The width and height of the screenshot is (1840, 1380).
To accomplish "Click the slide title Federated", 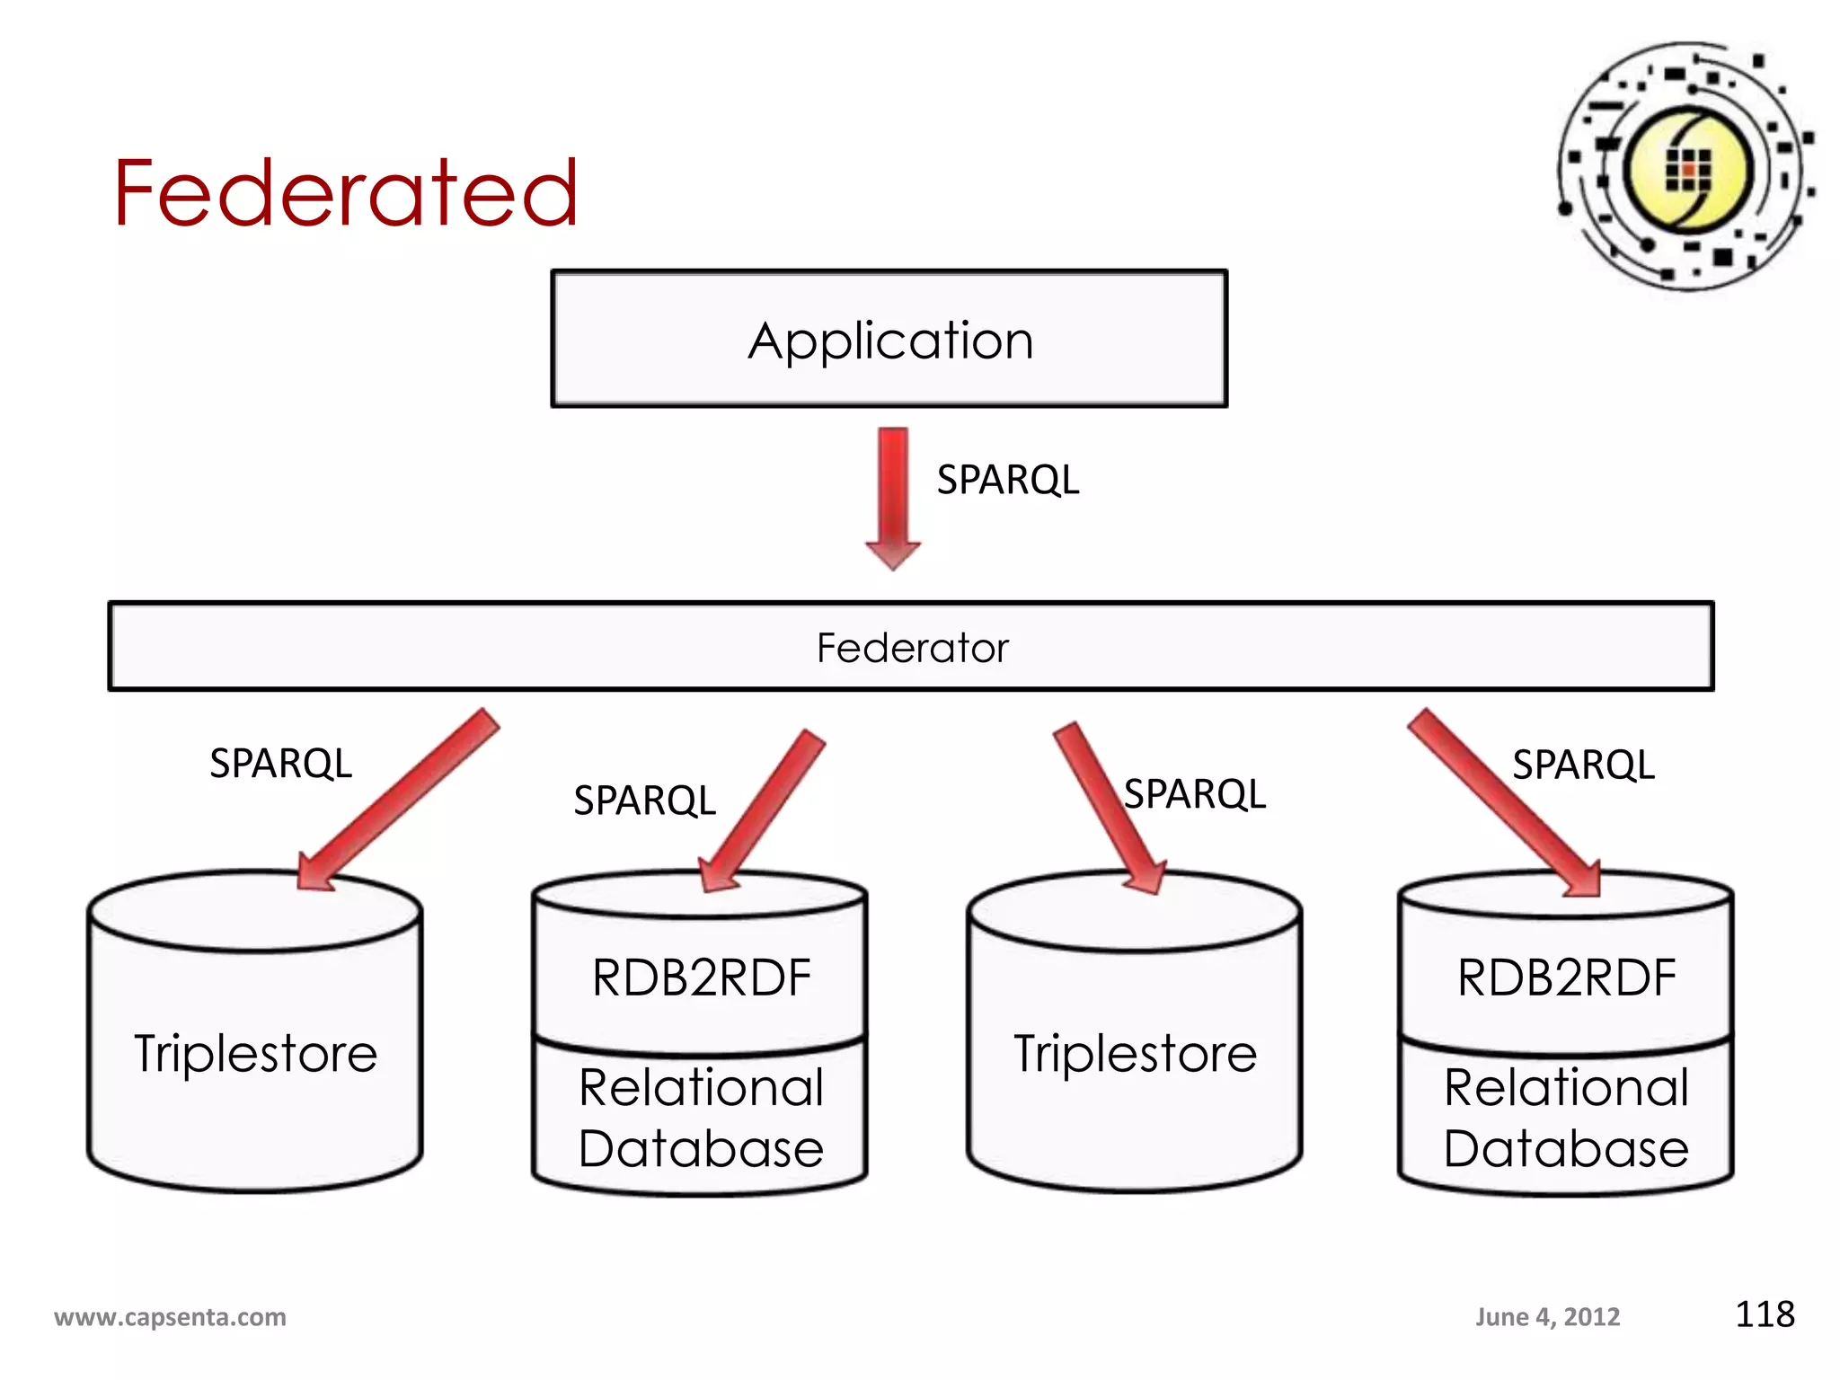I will pyautogui.click(x=345, y=192).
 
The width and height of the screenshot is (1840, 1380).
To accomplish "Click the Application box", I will pyautogui.click(x=889, y=340).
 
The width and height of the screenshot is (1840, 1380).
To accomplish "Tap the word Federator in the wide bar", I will pyautogui.click(x=912, y=648).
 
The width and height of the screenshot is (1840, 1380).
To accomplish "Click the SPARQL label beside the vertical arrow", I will pyautogui.click(x=1007, y=480).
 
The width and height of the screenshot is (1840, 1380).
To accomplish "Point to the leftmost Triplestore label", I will pyautogui.click(x=256, y=1053).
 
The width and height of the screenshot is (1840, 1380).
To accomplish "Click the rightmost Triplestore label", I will pyautogui.click(x=1135, y=1053).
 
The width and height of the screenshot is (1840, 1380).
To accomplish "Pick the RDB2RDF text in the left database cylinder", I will pyautogui.click(x=702, y=977).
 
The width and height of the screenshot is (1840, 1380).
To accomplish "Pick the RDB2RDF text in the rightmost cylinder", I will pyautogui.click(x=1566, y=977).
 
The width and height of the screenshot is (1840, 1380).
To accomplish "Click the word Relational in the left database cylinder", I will pyautogui.click(x=702, y=1087).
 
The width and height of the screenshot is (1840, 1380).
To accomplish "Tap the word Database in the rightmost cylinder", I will pyautogui.click(x=1566, y=1148).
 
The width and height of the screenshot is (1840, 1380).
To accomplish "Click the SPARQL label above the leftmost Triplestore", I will pyautogui.click(x=280, y=764).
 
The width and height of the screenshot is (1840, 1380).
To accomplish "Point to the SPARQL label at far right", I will pyautogui.click(x=1583, y=765).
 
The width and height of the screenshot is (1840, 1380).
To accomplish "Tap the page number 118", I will pyautogui.click(x=1764, y=1314).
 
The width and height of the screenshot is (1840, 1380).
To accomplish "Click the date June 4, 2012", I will pyautogui.click(x=1547, y=1317).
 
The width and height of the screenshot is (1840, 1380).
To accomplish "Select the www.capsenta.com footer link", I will pyautogui.click(x=171, y=1317).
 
